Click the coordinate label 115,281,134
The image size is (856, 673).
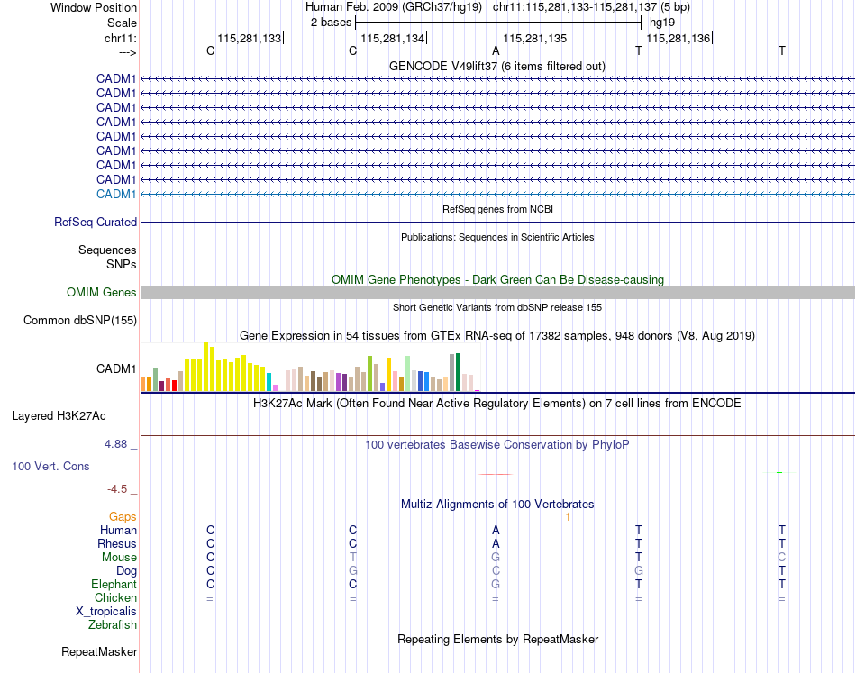pos(392,38)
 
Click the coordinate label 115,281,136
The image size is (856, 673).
pos(678,38)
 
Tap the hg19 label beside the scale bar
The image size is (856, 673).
pos(662,22)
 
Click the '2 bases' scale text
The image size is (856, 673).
pos(332,22)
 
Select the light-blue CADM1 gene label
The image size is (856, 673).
pos(116,195)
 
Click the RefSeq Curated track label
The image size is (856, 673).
pos(96,223)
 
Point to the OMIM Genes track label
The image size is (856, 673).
pos(102,293)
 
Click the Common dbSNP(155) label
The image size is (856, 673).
pos(80,321)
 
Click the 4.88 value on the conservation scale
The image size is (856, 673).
pos(116,444)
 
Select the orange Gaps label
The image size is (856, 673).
pos(123,517)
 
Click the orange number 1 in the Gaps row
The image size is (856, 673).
pos(568,517)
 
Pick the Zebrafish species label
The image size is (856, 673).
pos(113,624)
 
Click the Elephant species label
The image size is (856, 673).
pos(114,585)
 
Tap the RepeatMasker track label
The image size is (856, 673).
pos(99,651)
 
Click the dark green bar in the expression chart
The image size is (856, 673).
pos(458,372)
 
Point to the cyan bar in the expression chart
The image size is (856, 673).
pos(269,381)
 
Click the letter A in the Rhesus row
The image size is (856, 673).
pos(496,544)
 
